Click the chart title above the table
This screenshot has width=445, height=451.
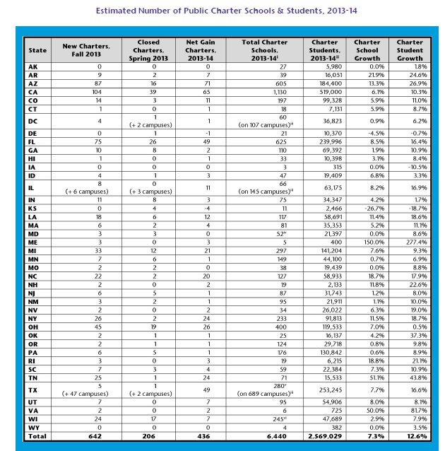(222, 11)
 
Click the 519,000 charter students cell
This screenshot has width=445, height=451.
(325, 92)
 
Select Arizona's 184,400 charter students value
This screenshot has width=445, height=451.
(325, 83)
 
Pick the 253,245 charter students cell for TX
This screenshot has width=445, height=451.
(325, 389)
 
